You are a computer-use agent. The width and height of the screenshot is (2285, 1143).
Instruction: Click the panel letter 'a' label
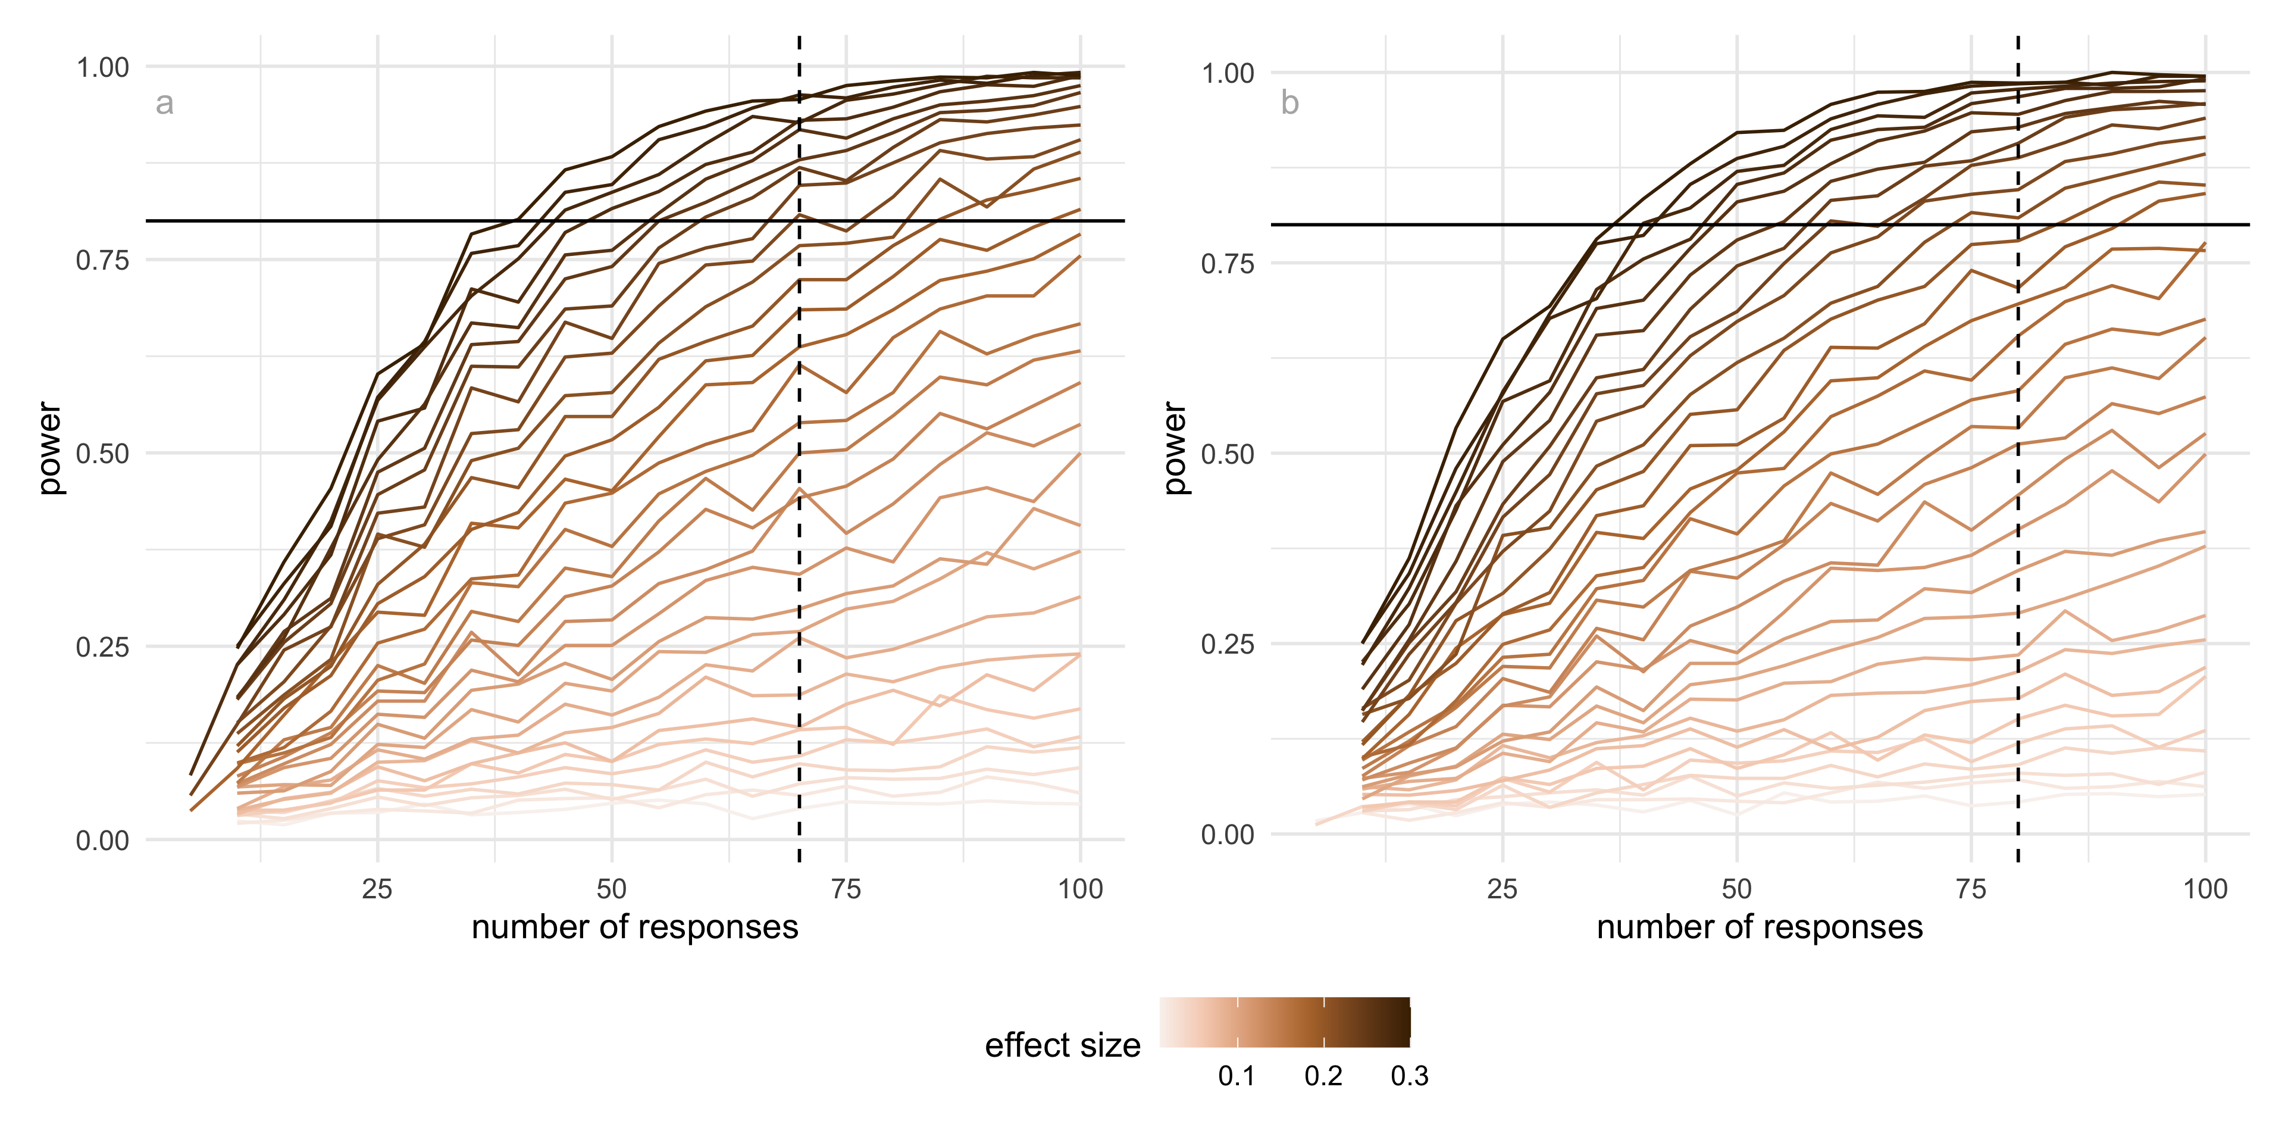click(x=164, y=104)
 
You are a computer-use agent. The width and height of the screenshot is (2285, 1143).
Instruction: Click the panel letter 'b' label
click(x=1289, y=104)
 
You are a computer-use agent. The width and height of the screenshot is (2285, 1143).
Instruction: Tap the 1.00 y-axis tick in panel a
click(x=103, y=67)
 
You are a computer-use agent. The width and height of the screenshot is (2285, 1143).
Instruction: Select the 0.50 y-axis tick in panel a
click(x=103, y=454)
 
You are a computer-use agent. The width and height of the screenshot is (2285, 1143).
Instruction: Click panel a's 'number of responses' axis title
click(x=634, y=927)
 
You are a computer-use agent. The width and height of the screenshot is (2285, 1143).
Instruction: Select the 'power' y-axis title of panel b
click(x=1175, y=448)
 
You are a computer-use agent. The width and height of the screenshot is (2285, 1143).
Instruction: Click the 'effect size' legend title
click(x=1063, y=1045)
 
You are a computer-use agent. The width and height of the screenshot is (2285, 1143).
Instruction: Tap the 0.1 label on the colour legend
click(x=1237, y=1076)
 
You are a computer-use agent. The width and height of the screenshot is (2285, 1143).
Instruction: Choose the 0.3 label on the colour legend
click(x=1410, y=1076)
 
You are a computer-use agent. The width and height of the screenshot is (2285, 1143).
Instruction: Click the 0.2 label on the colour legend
click(x=1323, y=1076)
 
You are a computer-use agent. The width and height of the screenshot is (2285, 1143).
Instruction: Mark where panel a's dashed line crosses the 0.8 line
click(x=799, y=220)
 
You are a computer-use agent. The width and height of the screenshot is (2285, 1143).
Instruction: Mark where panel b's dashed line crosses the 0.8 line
click(x=2018, y=224)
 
